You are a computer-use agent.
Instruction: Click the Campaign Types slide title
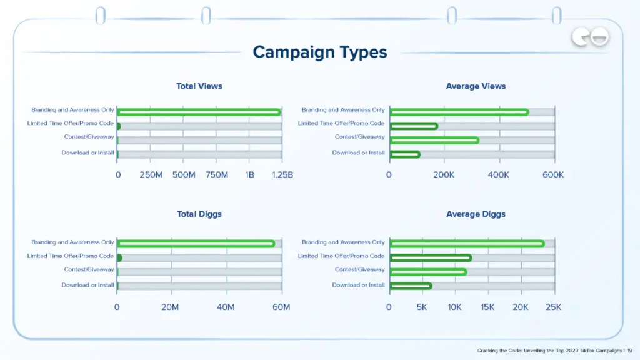coord(320,52)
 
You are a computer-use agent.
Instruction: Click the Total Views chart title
coord(199,86)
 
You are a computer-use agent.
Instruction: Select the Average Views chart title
coord(476,86)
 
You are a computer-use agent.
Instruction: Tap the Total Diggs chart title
coord(199,214)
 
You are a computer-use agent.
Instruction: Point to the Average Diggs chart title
coord(476,214)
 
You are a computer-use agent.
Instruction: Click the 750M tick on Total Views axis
coord(216,175)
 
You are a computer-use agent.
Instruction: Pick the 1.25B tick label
coord(282,175)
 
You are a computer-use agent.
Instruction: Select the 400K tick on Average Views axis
coord(499,175)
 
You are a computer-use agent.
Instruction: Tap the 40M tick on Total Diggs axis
coord(226,307)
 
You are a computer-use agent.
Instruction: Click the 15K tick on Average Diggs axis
coord(487,307)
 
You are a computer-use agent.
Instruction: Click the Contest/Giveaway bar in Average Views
coord(434,140)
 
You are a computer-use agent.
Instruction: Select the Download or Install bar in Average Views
coord(405,154)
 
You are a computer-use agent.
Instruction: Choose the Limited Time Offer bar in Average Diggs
coord(431,257)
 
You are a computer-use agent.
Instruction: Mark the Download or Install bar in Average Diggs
coord(411,286)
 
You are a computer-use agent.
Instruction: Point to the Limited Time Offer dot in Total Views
coord(118,126)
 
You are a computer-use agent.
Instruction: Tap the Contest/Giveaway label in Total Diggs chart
coord(89,270)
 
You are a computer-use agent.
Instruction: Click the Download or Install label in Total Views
coord(87,153)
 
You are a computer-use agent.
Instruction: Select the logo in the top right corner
coord(590,39)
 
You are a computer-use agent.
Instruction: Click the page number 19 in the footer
coord(629,351)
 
